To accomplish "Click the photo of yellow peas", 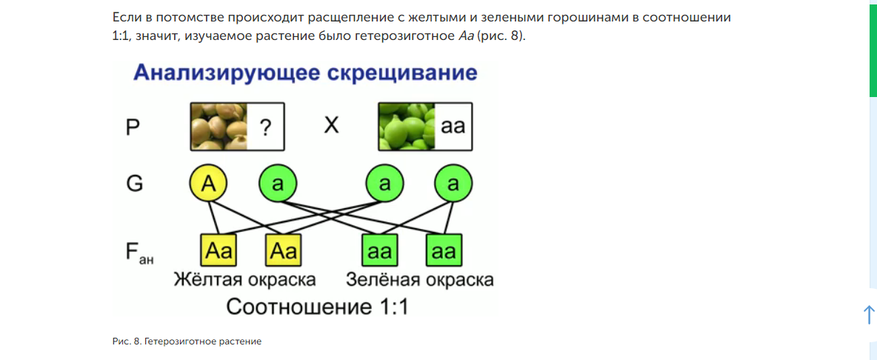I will (219, 127).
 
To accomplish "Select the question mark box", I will (265, 127).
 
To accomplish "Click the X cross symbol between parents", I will (331, 125).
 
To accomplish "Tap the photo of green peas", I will (407, 127).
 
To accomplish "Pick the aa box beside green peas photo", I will (453, 127).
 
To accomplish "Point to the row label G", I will (135, 184).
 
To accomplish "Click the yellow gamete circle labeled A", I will (209, 184).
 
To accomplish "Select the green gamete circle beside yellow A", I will (278, 184).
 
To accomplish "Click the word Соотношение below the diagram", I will (291, 307).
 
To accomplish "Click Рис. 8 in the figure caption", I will (127, 341).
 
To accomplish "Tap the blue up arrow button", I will (869, 314).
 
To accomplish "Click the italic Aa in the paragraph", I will (465, 36).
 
